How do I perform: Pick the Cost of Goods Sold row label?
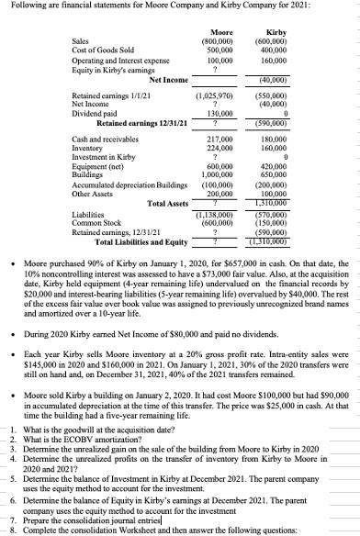click(x=103, y=50)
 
